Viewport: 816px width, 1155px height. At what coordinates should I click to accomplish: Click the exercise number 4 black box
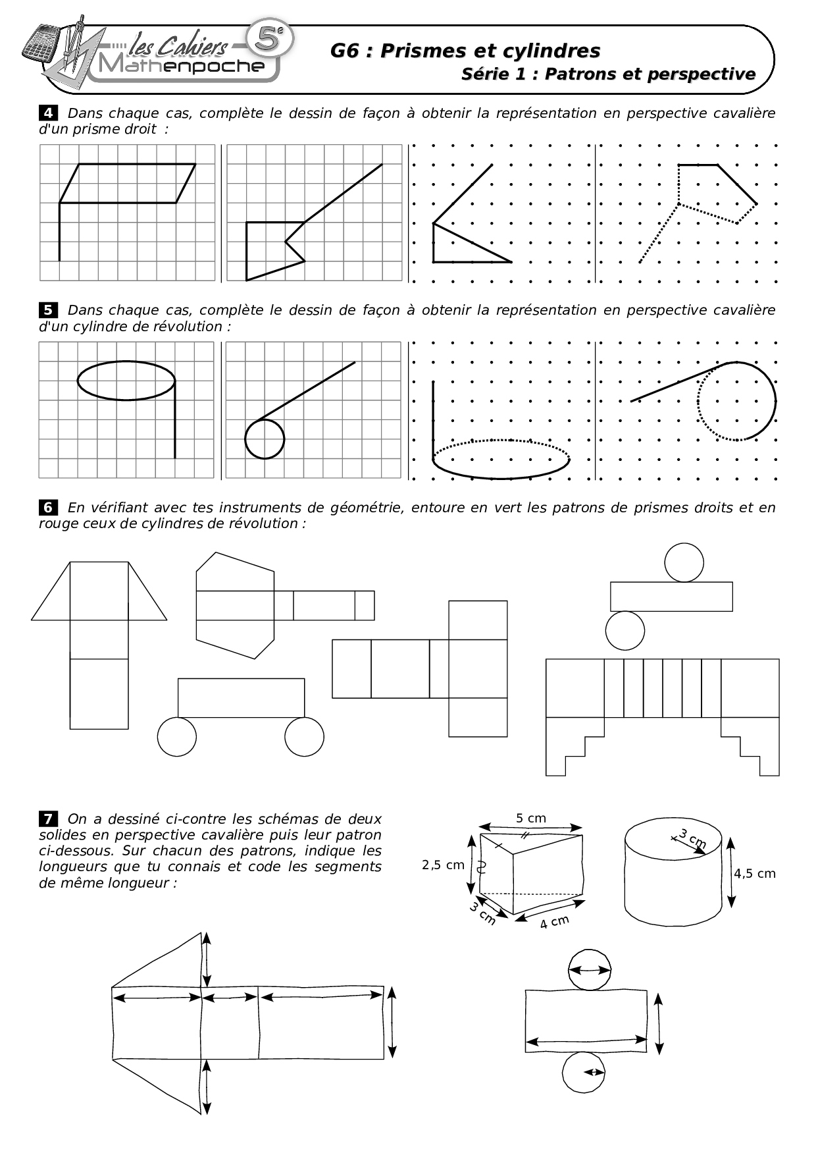[49, 113]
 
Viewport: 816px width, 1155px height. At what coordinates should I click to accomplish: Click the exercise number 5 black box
[49, 309]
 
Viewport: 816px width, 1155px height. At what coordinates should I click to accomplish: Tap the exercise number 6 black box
[49, 507]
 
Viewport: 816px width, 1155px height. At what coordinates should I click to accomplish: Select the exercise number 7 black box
[49, 819]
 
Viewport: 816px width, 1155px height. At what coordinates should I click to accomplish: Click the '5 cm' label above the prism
[530, 818]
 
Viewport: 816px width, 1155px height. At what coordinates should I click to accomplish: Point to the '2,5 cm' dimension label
[443, 865]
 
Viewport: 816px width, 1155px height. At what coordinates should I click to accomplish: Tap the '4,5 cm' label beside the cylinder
[755, 873]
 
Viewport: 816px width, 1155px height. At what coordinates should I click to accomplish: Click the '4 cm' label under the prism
[553, 922]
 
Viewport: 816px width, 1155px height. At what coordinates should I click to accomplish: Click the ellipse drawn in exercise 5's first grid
[126, 380]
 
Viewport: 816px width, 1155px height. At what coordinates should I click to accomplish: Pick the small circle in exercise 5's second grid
[265, 439]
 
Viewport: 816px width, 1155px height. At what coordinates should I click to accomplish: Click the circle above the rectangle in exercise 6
[684, 562]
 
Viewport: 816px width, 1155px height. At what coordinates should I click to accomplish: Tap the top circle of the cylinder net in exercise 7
[590, 970]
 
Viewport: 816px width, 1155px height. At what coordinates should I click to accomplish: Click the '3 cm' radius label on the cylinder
[692, 840]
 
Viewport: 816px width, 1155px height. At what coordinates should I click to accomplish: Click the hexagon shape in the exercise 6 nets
[235, 605]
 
